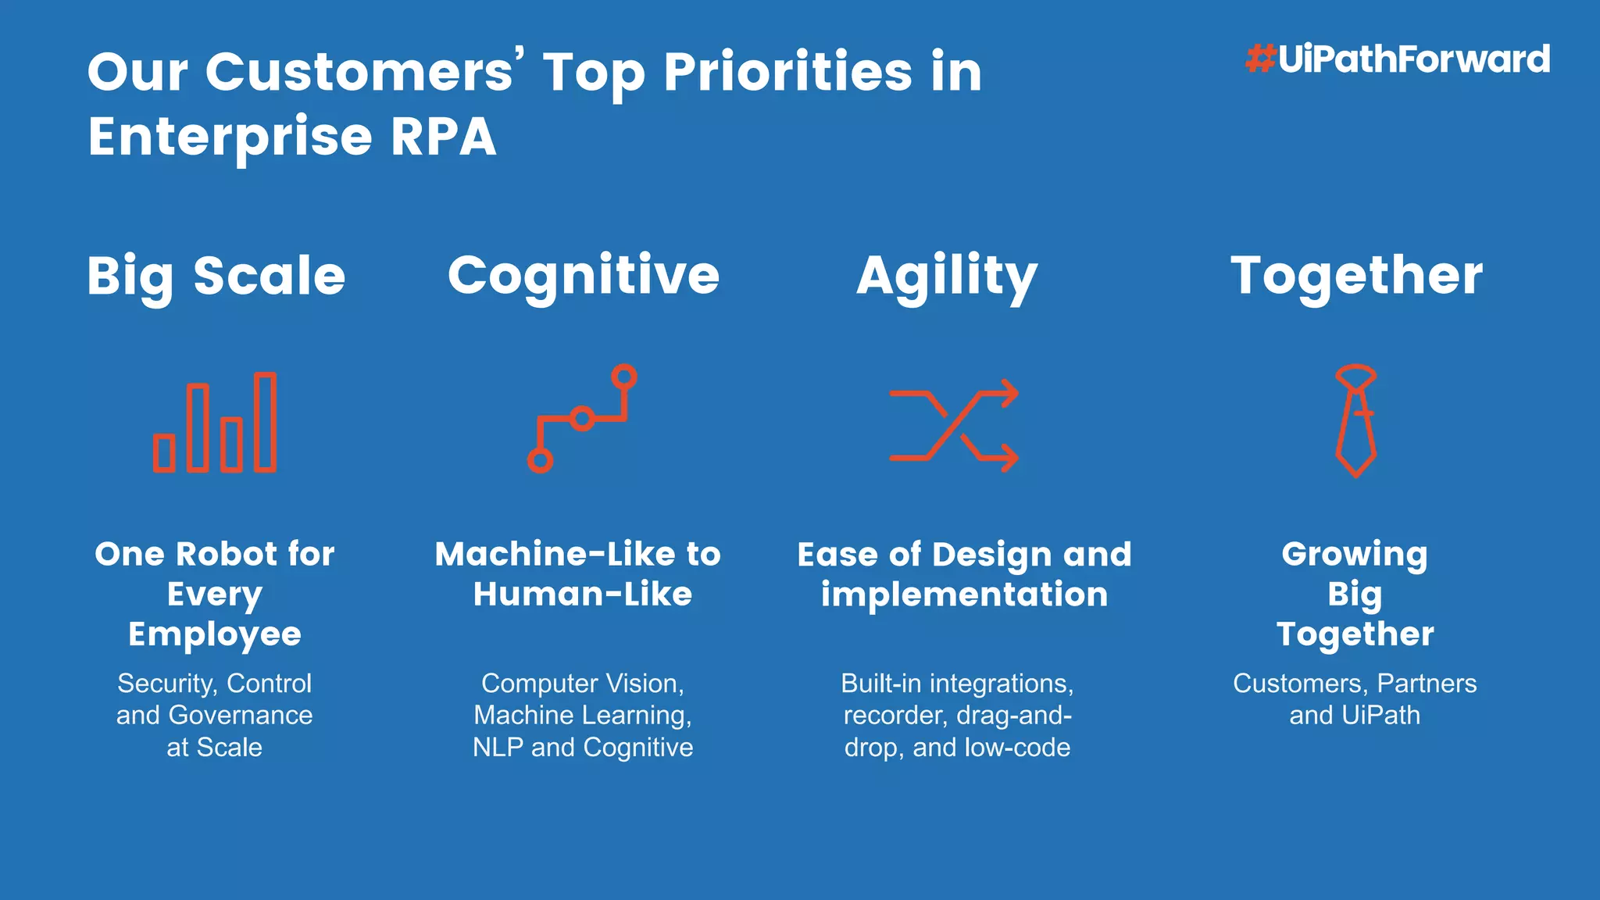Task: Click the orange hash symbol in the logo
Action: [x=1261, y=59]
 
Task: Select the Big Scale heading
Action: [x=216, y=277]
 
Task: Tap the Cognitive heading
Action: [x=583, y=277]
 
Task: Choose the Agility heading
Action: [x=947, y=277]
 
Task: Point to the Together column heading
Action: [x=1356, y=277]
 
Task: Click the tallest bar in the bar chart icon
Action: [x=266, y=423]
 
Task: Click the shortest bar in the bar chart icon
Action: [x=164, y=453]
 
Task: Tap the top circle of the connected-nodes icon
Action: [x=623, y=377]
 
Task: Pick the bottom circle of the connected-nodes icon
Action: [x=540, y=460]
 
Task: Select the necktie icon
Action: [x=1355, y=422]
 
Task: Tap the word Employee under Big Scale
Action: [x=215, y=634]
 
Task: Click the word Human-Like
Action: [x=583, y=595]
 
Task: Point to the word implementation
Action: [x=964, y=595]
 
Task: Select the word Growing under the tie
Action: [x=1355, y=554]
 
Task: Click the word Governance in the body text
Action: [x=241, y=715]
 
